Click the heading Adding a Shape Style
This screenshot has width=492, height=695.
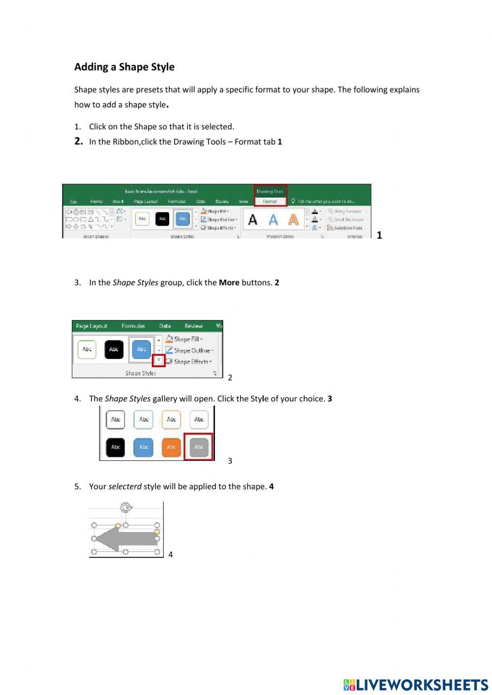point(124,67)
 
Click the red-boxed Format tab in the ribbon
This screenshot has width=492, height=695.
point(270,201)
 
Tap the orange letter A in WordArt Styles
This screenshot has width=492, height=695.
point(293,219)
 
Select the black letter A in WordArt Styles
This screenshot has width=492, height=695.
point(252,219)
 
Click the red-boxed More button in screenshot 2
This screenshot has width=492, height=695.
point(158,361)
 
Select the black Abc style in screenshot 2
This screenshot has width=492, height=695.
point(114,349)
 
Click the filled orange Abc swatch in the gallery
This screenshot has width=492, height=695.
point(171,447)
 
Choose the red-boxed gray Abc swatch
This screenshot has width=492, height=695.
point(199,447)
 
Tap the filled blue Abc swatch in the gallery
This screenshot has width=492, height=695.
point(144,447)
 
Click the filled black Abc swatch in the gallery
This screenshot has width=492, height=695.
point(116,447)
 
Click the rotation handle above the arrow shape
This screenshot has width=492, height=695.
point(126,508)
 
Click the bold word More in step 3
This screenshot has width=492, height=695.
point(229,283)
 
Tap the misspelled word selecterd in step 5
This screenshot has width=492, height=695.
point(124,486)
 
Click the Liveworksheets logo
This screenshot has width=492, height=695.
point(415,685)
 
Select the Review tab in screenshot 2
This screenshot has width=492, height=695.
point(193,326)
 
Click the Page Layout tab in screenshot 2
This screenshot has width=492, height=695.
point(92,326)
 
